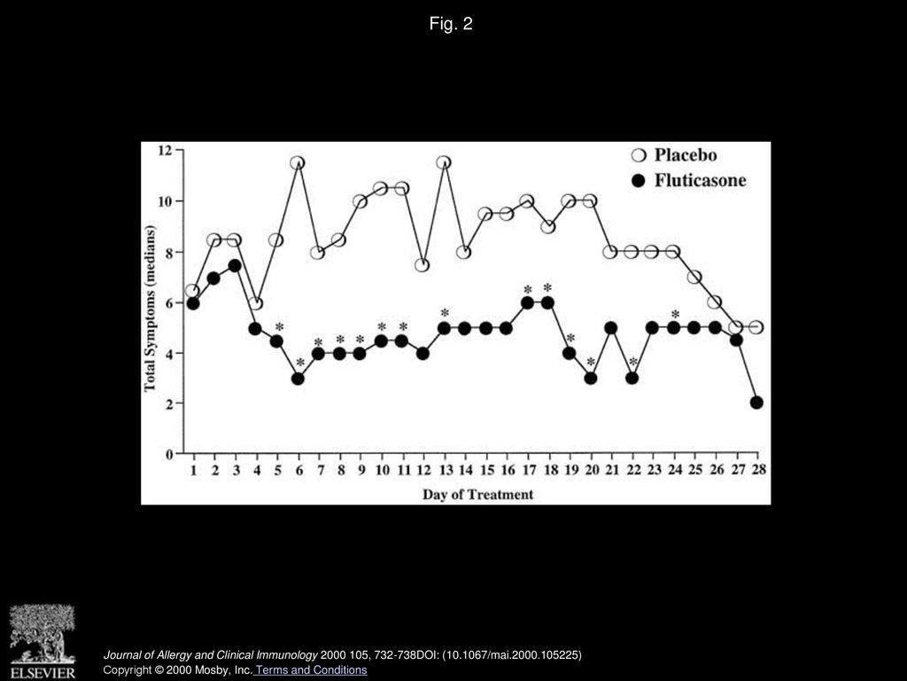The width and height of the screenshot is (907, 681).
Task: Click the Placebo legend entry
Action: tap(674, 155)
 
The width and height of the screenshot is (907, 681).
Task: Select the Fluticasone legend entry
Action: tap(689, 181)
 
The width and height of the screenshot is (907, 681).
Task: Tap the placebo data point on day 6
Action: tap(298, 163)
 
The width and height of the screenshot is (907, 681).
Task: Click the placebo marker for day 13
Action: tap(445, 163)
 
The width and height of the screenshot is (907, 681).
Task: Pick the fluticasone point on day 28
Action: tap(756, 403)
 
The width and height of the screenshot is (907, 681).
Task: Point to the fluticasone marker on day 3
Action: tap(235, 265)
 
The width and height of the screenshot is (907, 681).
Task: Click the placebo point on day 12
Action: tap(422, 265)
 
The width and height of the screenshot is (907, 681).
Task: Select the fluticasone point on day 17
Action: tap(528, 303)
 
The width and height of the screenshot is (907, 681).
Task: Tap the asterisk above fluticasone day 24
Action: tap(674, 315)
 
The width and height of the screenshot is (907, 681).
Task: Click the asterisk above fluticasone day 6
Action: tap(299, 363)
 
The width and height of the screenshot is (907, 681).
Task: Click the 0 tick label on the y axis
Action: tap(169, 454)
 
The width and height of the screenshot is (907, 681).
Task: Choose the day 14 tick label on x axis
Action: tap(466, 470)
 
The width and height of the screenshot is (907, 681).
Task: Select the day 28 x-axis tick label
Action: tap(759, 470)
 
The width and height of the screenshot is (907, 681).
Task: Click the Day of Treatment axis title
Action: tap(477, 495)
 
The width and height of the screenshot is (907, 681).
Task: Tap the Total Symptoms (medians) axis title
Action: tap(151, 308)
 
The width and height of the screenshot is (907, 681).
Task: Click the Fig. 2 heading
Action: tap(451, 23)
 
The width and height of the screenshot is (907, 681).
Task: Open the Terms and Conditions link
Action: tap(311, 670)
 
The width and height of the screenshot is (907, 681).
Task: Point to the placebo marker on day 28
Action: tap(756, 328)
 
